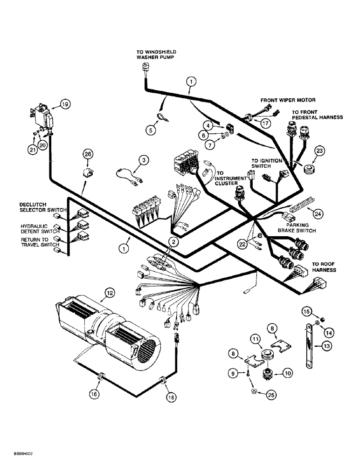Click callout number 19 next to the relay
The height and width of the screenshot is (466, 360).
click(64, 105)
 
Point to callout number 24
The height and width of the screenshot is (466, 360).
click(318, 213)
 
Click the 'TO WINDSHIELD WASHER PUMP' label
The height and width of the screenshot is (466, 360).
click(150, 55)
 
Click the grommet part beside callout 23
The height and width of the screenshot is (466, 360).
click(307, 169)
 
